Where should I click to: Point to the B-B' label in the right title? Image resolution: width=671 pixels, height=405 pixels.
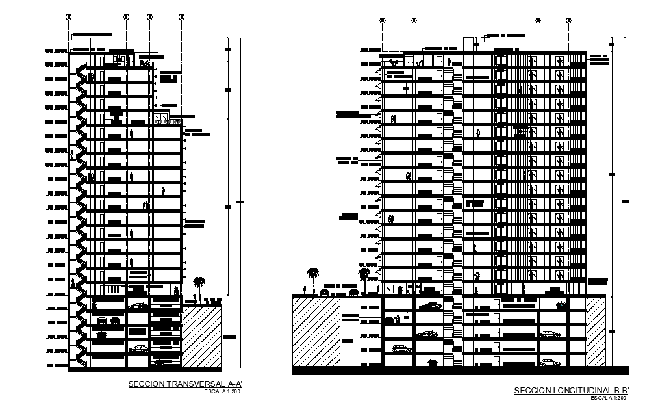point(620,391)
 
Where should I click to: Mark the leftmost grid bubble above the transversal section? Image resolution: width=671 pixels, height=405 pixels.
point(68,16)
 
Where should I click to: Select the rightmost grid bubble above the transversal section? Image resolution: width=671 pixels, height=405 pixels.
point(181,16)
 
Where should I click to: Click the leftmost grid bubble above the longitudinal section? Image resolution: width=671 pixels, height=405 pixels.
point(383,21)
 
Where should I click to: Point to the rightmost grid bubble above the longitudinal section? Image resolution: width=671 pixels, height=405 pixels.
point(568,21)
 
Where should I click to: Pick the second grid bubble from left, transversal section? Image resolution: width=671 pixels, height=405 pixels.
point(126,16)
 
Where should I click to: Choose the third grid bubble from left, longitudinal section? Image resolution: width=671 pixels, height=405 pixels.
point(538,21)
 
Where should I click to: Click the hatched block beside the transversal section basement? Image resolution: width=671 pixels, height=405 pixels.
point(202,337)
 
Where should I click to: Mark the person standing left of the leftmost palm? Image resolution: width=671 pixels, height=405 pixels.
point(305,289)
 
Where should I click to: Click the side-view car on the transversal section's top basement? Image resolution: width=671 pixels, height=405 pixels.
point(138,305)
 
